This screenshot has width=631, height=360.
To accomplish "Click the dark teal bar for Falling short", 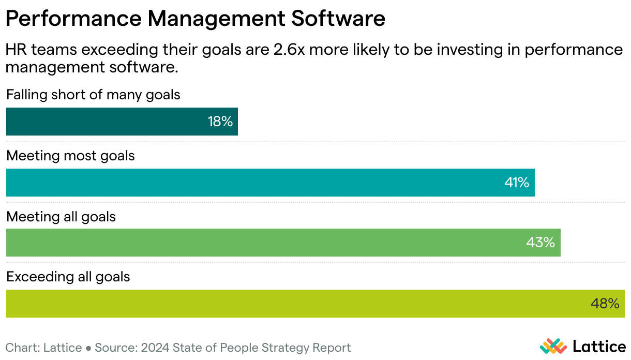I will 103,122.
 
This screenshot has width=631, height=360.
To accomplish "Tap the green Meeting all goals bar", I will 259,243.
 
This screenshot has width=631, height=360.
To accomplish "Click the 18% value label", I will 220,122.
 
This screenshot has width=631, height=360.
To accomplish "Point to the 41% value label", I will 517,183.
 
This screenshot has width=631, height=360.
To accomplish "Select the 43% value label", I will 540,243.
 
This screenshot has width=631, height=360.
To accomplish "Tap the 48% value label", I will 605,304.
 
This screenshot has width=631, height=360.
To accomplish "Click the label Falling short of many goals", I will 93,95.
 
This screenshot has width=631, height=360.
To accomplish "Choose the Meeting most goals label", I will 70,156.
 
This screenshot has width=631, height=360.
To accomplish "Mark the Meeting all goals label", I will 61,216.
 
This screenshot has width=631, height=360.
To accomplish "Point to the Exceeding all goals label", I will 68,277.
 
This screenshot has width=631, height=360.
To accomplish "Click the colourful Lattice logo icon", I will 553,346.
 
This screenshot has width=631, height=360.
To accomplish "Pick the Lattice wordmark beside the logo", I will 600,346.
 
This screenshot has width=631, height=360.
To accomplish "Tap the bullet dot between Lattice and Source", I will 88,348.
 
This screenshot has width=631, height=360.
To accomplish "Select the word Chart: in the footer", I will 21,348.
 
